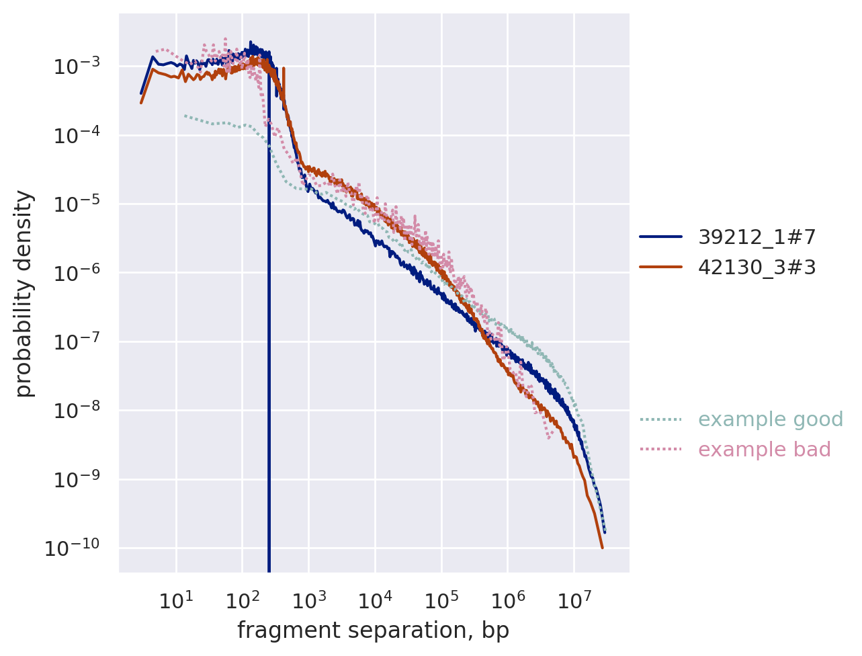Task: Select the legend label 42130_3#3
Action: click(x=757, y=268)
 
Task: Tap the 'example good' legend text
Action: click(x=770, y=419)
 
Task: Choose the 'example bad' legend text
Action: click(x=764, y=450)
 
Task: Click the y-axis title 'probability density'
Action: click(x=24, y=294)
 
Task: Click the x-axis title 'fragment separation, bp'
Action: click(x=373, y=630)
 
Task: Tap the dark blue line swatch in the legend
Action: click(x=660, y=237)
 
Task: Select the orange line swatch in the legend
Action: click(x=660, y=268)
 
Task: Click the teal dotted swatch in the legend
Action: click(x=660, y=419)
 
